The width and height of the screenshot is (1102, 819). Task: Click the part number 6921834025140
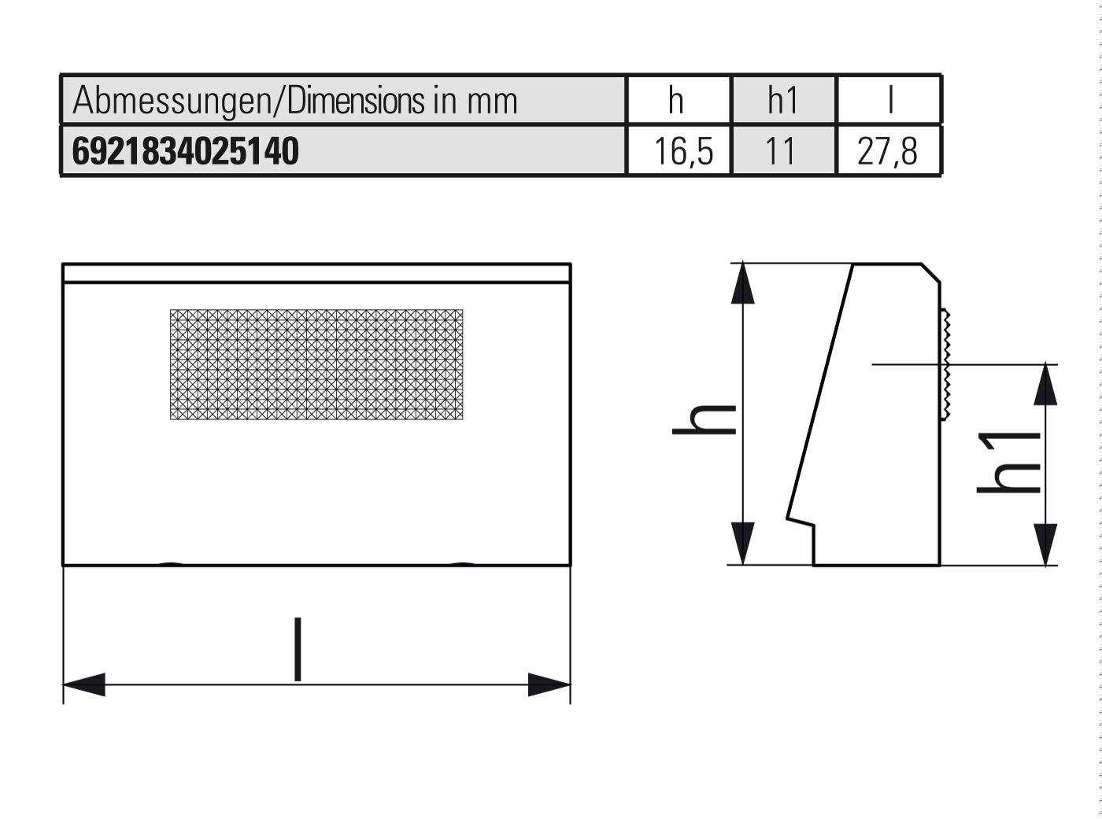[x=186, y=151]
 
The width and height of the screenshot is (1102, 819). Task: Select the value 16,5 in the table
[x=682, y=151]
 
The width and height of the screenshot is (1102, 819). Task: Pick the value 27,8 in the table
[x=887, y=151]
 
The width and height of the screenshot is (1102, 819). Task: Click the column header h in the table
[x=676, y=101]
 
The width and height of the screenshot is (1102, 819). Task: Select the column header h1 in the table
[x=782, y=101]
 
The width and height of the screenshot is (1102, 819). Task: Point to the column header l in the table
[x=890, y=101]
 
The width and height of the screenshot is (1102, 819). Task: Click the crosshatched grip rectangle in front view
[x=316, y=364]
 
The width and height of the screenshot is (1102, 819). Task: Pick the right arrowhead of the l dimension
[x=549, y=684]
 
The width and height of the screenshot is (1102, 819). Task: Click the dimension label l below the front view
[x=298, y=650]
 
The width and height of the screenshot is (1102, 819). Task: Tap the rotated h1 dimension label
[x=1009, y=463]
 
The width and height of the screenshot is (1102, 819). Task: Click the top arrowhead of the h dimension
[x=742, y=284]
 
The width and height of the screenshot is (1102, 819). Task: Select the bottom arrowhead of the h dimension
[x=742, y=544]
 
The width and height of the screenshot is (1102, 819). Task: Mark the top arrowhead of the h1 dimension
[x=1045, y=384]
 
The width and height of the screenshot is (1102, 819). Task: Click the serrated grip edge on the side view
[x=945, y=364]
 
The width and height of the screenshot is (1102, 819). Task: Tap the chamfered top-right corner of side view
[x=931, y=272]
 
